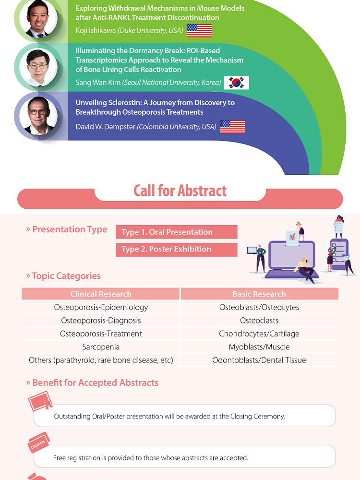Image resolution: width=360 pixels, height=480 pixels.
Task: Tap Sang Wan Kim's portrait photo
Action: click(x=38, y=67)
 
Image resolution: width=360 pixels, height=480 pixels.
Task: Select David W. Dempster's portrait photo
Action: click(x=38, y=116)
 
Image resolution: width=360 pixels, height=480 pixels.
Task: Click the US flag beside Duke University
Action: click(x=199, y=30)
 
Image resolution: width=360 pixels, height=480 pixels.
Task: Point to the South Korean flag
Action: click(x=236, y=83)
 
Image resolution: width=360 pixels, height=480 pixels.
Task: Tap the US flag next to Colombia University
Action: click(x=233, y=126)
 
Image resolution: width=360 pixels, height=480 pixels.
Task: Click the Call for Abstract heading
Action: click(x=180, y=191)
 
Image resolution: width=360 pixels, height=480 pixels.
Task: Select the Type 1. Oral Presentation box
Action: click(x=177, y=232)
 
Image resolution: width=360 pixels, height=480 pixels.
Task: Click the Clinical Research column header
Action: click(x=101, y=294)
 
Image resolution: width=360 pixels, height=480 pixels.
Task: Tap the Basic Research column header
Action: click(x=259, y=294)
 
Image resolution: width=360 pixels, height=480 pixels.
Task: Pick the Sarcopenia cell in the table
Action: click(x=101, y=347)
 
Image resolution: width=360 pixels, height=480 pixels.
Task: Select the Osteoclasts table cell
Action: click(x=259, y=321)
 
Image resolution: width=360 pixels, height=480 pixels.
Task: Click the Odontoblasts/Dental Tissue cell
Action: click(x=259, y=360)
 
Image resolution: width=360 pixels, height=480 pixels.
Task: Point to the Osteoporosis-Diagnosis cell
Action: click(x=101, y=321)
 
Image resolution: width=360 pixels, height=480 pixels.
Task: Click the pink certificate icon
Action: click(x=40, y=401)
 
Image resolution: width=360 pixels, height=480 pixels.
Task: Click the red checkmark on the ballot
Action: click(x=292, y=236)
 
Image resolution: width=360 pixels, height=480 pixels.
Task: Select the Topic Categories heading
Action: click(x=63, y=276)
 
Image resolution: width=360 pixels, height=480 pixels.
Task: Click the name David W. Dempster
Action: click(x=105, y=127)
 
